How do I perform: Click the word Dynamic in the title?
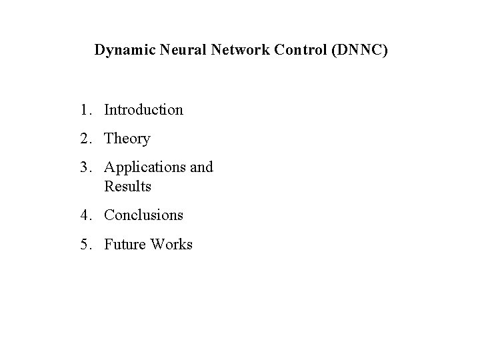[120, 51]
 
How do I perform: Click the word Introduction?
[143, 109]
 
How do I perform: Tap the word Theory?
[127, 139]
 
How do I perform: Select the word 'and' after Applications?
[201, 167]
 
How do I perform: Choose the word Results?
[128, 187]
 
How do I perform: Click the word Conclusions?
[143, 215]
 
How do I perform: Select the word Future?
[125, 245]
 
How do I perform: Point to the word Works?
[172, 245]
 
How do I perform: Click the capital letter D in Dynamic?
[99, 50]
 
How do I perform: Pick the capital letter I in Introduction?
[107, 109]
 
